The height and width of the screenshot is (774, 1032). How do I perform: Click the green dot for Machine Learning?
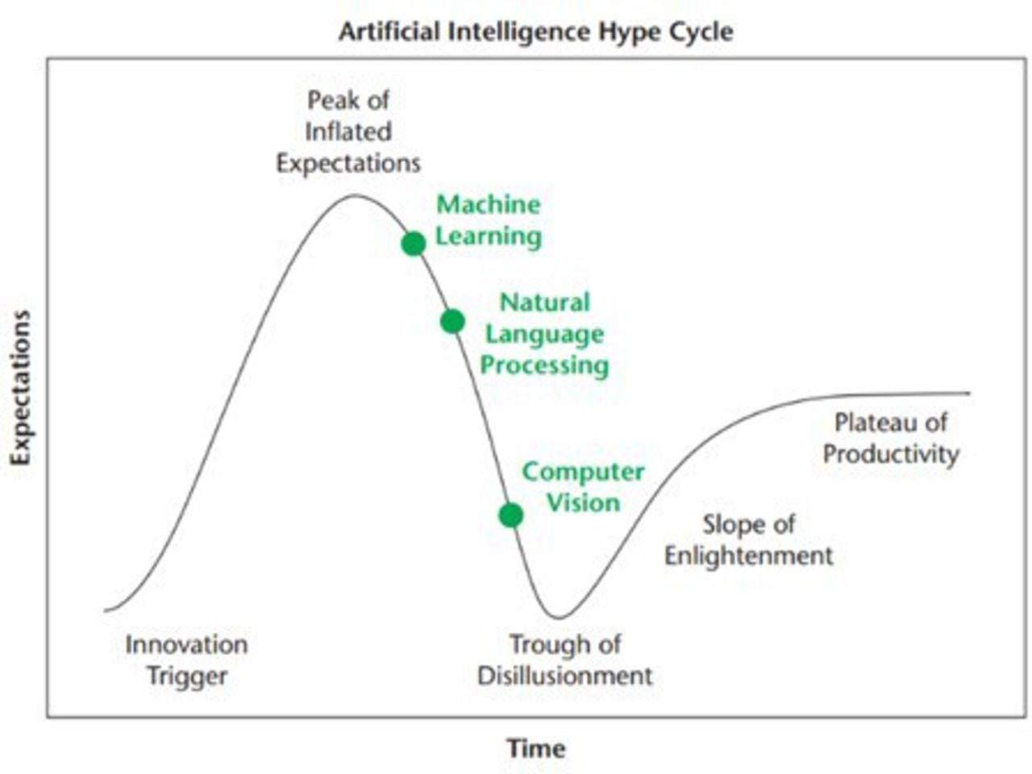[414, 243]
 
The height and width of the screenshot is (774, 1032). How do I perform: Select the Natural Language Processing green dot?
[453, 322]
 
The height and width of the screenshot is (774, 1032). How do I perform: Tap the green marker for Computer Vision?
[511, 515]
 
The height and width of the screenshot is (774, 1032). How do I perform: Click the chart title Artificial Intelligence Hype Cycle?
[536, 32]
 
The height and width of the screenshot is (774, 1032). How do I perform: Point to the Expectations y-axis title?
[21, 388]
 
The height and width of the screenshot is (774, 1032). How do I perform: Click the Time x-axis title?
[536, 748]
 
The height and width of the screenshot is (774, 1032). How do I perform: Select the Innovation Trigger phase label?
[187, 660]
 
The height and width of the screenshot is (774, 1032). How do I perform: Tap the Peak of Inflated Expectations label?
[348, 132]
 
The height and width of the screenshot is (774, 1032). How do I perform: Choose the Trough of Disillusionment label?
[565, 660]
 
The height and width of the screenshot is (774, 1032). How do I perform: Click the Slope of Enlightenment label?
[748, 540]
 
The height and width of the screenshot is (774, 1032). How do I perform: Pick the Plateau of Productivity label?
[891, 439]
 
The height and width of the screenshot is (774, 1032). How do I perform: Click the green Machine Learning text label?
[489, 220]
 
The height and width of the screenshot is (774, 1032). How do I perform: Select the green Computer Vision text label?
[584, 487]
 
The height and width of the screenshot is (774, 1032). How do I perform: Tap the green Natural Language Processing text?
[544, 334]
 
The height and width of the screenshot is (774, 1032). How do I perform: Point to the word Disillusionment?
[565, 676]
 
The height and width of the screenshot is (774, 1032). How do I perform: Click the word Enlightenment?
[748, 556]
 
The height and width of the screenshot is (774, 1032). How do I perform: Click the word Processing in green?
[544, 365]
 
